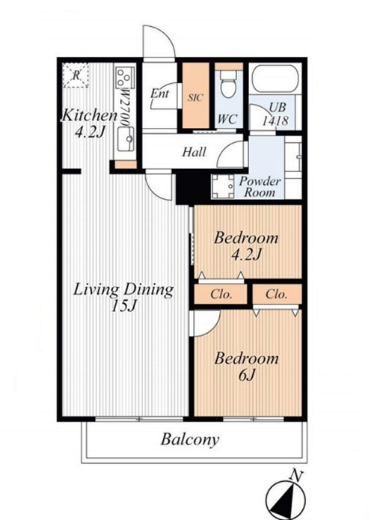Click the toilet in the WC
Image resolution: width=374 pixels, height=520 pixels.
[228, 85]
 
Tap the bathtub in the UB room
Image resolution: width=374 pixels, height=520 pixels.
[275, 79]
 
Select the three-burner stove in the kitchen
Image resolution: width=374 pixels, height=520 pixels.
[125, 78]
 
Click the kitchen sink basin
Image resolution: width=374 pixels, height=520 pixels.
[126, 139]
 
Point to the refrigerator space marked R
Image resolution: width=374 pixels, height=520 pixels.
[76, 76]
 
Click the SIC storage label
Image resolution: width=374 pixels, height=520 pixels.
[195, 97]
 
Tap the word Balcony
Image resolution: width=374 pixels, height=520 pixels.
[190, 440]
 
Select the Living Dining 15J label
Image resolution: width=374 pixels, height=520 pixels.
[123, 298]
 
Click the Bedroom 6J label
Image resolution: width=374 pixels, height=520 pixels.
[246, 367]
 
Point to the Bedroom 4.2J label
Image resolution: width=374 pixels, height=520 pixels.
[246, 245]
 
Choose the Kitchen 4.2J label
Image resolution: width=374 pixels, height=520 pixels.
[90, 123]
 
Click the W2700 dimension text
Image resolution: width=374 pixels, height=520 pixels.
[125, 107]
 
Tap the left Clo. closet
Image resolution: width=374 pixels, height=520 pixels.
[221, 294]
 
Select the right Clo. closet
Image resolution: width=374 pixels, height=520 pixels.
[277, 294]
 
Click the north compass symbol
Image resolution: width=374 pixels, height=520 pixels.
[286, 500]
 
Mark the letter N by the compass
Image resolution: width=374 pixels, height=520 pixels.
[295, 476]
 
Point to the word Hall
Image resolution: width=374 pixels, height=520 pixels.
[194, 152]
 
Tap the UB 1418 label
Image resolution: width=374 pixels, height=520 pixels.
[275, 114]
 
